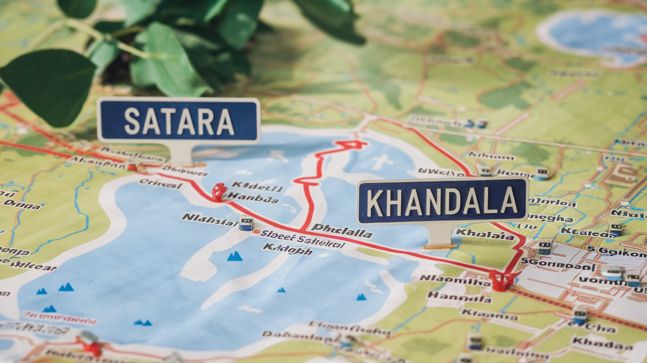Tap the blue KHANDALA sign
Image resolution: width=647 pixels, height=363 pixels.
(442, 201)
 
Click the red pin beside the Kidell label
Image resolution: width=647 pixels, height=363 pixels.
(219, 191)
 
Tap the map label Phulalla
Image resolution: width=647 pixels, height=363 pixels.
(341, 230)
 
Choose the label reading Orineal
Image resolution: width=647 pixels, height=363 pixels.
(160, 183)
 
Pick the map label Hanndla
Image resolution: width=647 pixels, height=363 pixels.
(459, 297)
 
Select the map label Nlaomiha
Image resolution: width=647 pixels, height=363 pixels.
(455, 280)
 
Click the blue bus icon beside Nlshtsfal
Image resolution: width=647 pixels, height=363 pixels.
(246, 224)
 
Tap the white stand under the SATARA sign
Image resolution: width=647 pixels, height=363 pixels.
(181, 152)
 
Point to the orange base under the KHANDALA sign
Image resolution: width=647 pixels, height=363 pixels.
(440, 246)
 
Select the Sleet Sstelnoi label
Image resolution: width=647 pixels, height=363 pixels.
(302, 239)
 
